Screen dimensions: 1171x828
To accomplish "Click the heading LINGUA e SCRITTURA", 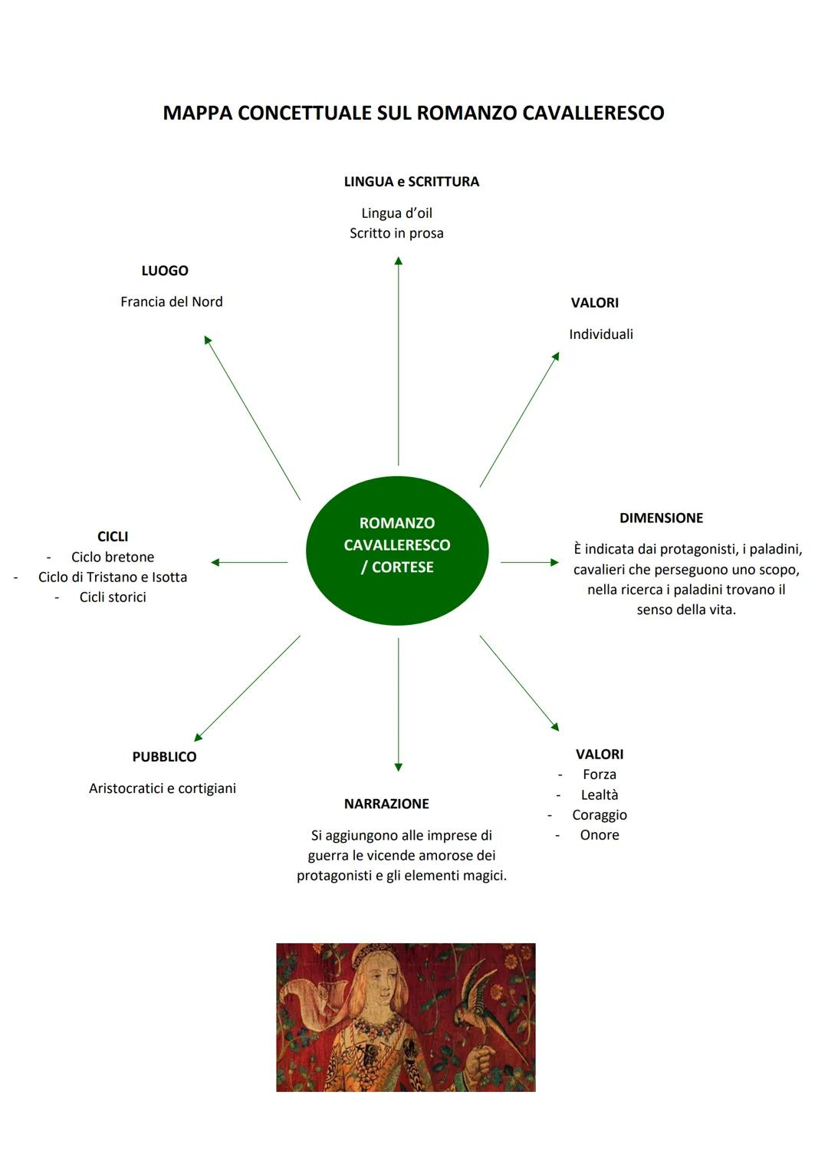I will click(x=411, y=182).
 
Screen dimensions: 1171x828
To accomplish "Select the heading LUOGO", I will click(x=165, y=271).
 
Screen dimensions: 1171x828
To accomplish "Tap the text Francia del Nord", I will click(x=171, y=301).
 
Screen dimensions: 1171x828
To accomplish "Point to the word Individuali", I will click(x=600, y=334).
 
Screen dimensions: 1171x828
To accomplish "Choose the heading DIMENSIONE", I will click(x=661, y=518).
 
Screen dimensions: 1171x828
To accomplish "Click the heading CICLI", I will click(x=113, y=537).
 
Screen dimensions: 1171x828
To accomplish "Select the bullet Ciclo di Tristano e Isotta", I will click(x=113, y=577).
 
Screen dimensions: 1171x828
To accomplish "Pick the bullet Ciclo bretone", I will click(x=113, y=557).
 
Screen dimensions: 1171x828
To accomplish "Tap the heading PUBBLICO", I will click(x=164, y=757).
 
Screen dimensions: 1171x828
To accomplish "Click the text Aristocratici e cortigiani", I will click(x=163, y=788).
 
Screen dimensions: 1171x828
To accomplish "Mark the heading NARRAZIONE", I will click(x=386, y=804).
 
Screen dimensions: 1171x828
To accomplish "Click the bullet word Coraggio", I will click(x=600, y=815).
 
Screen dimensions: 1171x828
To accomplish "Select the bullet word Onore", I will click(x=600, y=835).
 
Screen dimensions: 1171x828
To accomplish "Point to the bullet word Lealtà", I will click(x=600, y=795).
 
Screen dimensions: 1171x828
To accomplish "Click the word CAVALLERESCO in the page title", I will click(x=593, y=113).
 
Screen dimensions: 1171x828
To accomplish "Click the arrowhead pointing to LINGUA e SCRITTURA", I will click(x=398, y=262).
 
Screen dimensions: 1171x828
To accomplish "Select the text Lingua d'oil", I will click(x=396, y=213).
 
